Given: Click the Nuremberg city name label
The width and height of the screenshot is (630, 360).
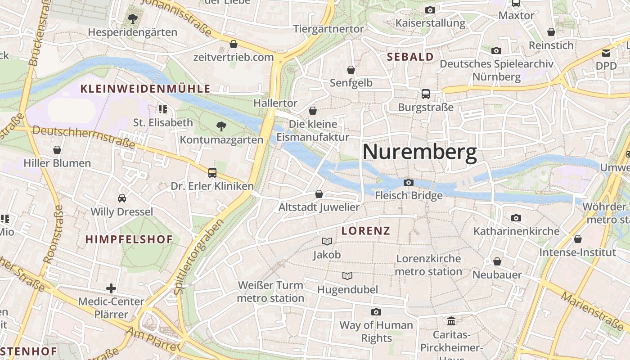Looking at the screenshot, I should point(419,152).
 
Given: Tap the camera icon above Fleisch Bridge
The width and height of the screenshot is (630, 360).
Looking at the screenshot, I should point(409,182).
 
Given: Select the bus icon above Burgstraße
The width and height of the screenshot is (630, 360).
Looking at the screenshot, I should point(426,94).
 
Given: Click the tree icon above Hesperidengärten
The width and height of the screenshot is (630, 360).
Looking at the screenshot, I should point(132,19).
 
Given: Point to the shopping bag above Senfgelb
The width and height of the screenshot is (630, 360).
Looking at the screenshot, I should point(351,70).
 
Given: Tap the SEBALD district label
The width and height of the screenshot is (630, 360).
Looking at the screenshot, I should point(410,57).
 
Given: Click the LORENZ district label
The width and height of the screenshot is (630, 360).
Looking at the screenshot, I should point(365,231).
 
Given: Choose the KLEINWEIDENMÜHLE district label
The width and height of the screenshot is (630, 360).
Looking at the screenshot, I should point(145,89).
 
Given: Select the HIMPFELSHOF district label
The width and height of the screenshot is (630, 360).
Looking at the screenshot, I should point(129,239).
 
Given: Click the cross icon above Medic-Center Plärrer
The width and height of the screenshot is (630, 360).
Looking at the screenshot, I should point(111,288).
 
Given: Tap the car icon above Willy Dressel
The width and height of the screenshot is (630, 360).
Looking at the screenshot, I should point(121,198).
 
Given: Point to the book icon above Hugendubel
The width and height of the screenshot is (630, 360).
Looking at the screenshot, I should point(347,276).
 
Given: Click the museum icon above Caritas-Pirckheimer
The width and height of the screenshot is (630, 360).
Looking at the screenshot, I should point(451,321).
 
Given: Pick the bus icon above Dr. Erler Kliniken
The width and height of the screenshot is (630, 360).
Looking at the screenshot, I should point(212,172).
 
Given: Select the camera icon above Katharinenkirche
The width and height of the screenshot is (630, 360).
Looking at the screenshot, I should point(516,218).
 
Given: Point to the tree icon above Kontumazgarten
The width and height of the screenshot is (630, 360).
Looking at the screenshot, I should point(221,126).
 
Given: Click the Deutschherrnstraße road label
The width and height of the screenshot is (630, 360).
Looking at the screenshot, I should point(84,137).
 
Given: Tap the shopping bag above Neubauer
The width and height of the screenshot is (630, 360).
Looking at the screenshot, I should point(497,261).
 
